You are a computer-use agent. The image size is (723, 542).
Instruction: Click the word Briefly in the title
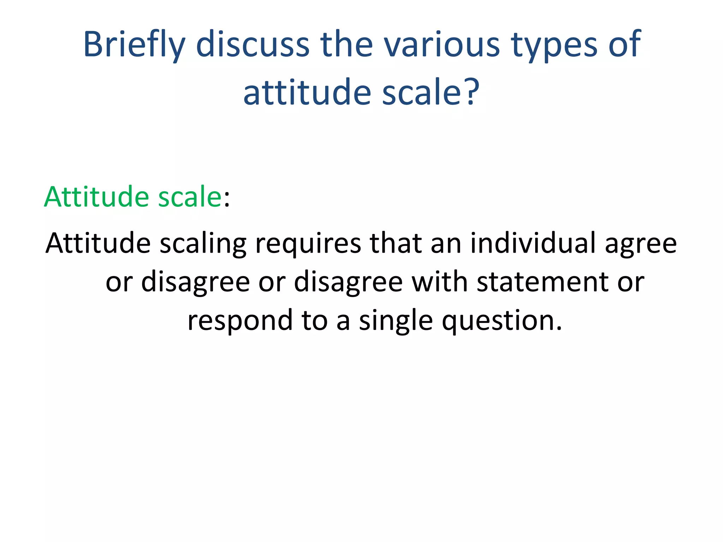[134, 45]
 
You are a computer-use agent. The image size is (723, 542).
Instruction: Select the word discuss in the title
[252, 44]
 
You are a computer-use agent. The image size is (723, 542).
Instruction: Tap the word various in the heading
[442, 44]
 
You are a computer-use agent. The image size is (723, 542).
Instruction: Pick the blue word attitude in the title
[307, 92]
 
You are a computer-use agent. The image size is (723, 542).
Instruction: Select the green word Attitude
[96, 197]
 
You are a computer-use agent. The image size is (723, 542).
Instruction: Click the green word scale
[189, 197]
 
